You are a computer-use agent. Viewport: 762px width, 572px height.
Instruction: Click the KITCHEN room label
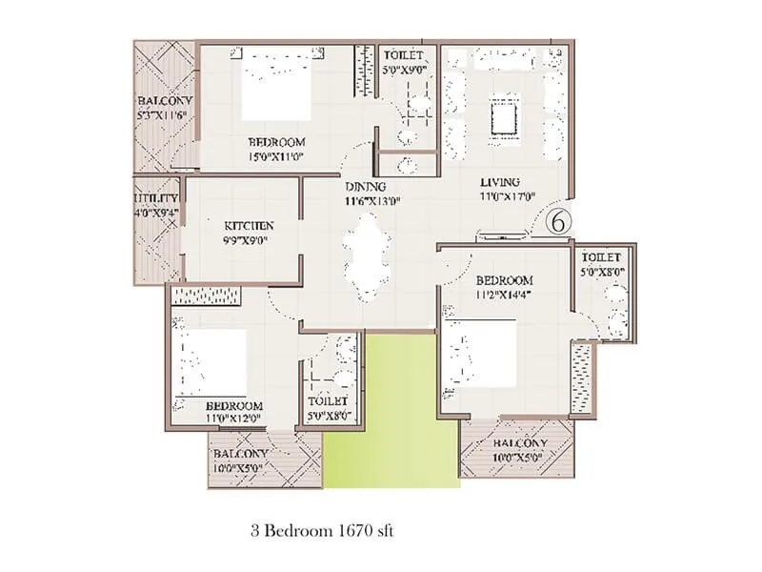point(249,226)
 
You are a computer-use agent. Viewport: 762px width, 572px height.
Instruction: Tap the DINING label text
point(366,186)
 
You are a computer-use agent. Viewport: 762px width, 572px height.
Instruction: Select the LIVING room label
point(500,182)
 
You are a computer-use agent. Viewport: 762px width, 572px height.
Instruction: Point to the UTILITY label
point(155,198)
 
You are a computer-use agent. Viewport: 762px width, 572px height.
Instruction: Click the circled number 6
point(558,222)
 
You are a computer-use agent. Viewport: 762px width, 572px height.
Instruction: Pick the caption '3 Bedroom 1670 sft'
point(323,530)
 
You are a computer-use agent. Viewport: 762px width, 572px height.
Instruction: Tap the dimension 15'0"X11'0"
point(276,156)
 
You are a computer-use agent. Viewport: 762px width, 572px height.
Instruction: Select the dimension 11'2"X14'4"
point(504,295)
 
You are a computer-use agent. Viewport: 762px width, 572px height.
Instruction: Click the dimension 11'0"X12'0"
point(234,419)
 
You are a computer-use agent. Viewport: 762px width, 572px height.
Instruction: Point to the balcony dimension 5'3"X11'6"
point(163,115)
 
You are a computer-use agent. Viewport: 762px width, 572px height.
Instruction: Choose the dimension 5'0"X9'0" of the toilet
point(404,69)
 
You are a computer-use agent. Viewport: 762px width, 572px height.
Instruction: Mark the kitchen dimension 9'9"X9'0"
point(247,240)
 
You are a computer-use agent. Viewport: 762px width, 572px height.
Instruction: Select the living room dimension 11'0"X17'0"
point(508,196)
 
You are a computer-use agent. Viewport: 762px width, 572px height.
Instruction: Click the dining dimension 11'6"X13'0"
point(372,200)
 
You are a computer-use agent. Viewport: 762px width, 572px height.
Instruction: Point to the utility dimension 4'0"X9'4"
point(156,213)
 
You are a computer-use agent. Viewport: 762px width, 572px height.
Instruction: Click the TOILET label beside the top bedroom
point(403,55)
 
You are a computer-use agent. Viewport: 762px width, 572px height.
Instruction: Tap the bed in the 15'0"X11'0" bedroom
point(276,84)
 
